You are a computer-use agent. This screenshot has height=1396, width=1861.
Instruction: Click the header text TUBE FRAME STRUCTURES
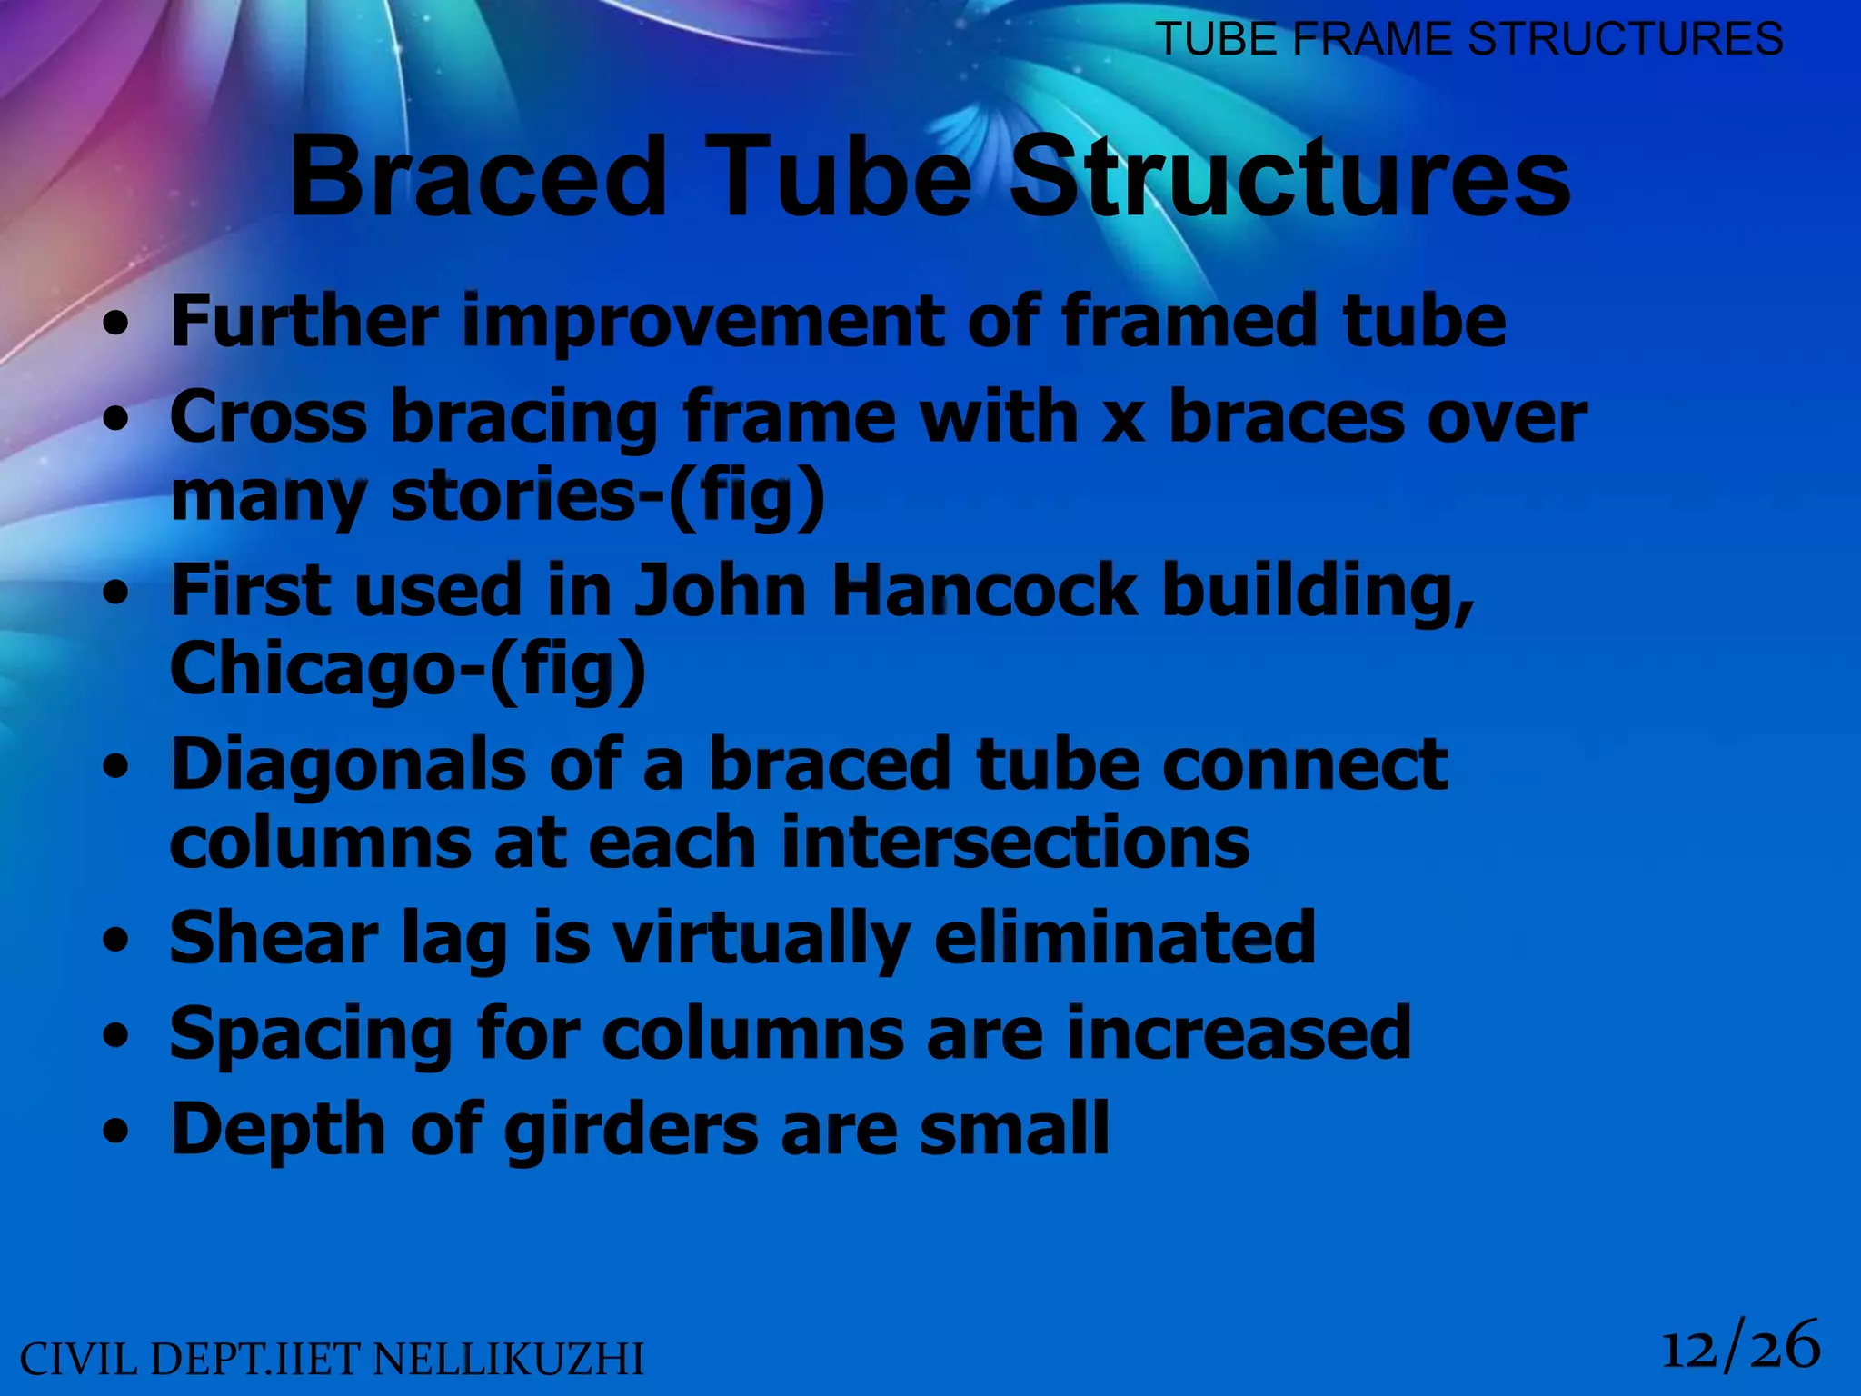coord(1468,39)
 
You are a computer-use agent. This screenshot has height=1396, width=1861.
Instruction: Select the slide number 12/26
coord(1740,1348)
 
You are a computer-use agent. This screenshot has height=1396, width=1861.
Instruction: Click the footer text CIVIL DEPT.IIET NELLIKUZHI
coord(332,1361)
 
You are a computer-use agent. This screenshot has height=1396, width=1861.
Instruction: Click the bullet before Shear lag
coord(115,942)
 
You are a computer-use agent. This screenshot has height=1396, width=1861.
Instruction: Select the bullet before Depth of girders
coord(115,1132)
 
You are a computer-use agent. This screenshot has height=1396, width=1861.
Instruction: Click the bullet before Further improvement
coord(115,324)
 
